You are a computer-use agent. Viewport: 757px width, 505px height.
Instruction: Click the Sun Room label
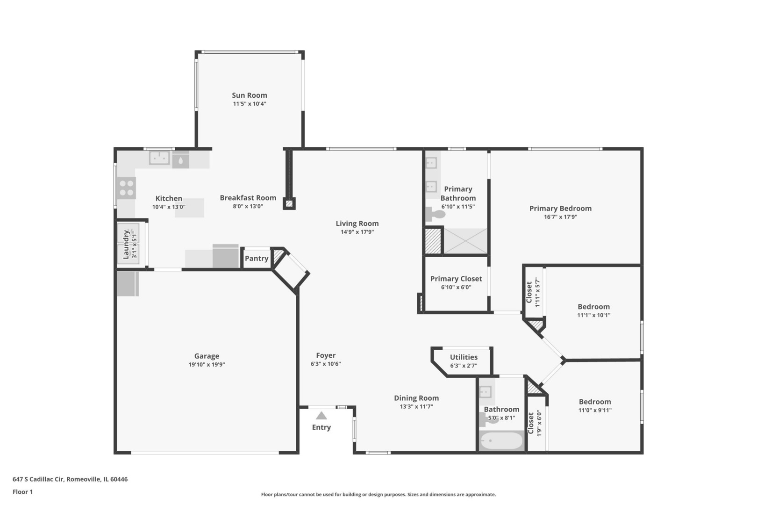[250, 95]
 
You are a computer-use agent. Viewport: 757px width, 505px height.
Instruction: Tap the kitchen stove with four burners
[126, 188]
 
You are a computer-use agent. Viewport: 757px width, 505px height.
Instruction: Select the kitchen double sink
[159, 158]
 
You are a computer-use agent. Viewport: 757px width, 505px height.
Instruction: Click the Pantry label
[257, 259]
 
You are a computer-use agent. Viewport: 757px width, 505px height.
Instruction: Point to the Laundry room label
[126, 245]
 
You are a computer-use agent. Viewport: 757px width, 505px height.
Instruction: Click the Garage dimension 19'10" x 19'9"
[207, 365]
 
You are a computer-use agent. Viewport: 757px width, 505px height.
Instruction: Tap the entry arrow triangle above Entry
[321, 415]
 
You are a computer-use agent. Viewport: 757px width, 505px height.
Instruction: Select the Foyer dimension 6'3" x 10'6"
[326, 364]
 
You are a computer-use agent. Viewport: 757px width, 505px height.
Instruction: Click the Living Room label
[357, 224]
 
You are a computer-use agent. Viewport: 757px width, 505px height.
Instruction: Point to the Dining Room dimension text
[416, 406]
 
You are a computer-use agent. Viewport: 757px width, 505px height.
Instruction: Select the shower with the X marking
[465, 241]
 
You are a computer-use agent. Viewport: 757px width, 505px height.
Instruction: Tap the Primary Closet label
[456, 279]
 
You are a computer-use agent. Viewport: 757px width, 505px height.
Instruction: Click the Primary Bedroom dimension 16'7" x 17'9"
[560, 217]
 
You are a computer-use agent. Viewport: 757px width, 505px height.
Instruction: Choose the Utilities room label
[464, 357]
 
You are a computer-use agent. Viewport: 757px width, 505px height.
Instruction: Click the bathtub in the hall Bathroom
[501, 440]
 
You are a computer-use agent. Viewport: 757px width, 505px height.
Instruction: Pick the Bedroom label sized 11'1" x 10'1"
[594, 307]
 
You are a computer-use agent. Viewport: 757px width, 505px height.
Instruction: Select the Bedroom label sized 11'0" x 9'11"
[595, 402]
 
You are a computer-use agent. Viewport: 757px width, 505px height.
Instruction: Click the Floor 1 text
[22, 492]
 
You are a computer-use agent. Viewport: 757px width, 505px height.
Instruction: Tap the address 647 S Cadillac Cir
[38, 479]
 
